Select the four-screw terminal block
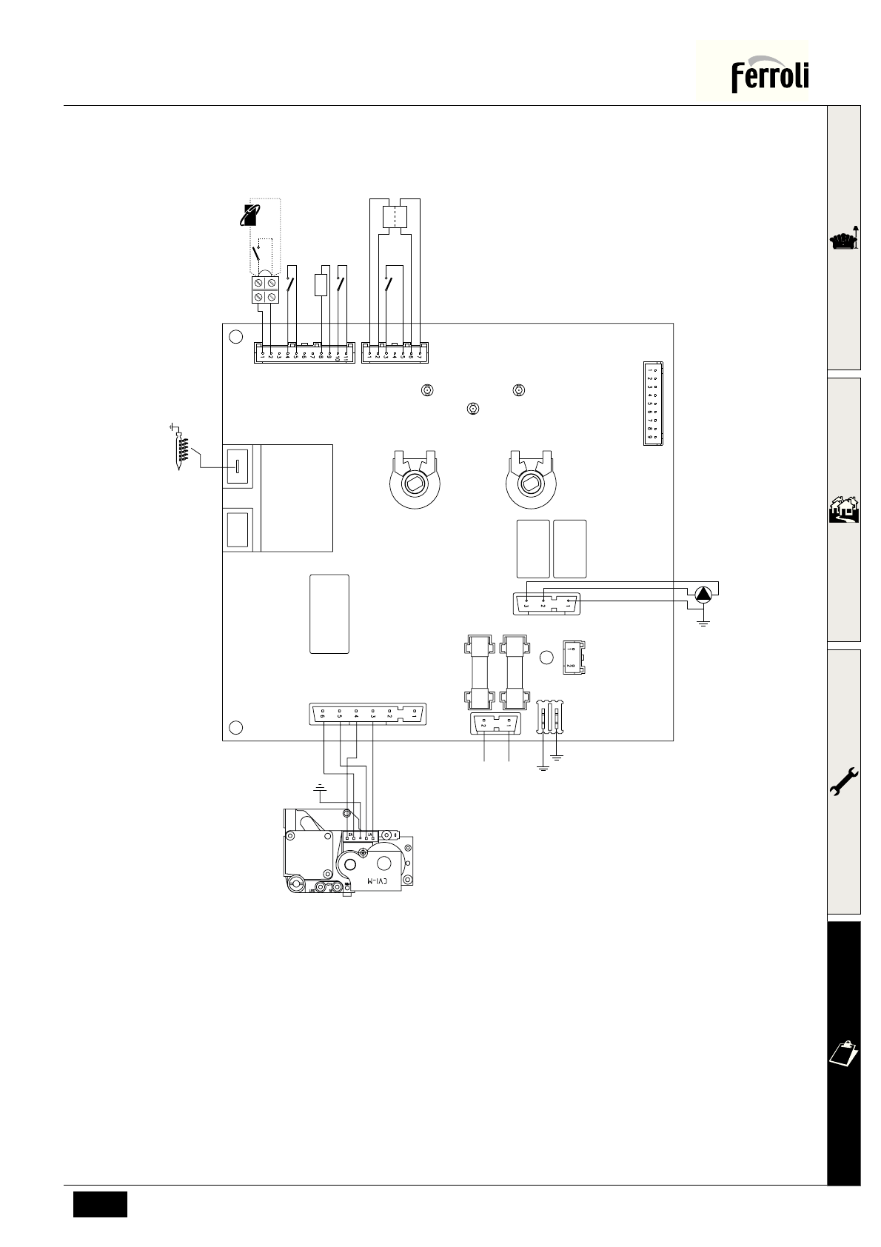point(265,290)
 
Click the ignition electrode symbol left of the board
point(178,448)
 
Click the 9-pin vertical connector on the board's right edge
point(652,404)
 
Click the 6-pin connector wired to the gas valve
point(368,715)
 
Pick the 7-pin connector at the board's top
point(395,353)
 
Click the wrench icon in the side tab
point(844,781)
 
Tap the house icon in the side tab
point(844,511)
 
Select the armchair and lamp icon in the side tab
point(844,239)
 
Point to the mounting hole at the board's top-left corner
point(236,336)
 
